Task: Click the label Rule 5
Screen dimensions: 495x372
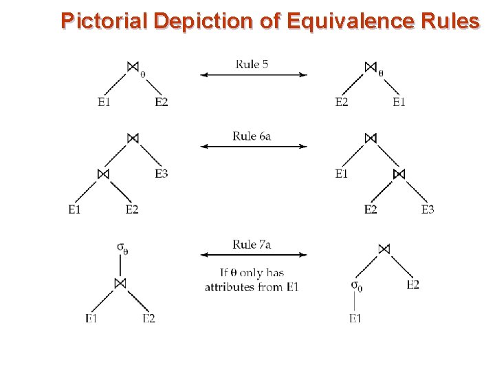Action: (252, 64)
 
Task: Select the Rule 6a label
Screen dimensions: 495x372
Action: (252, 136)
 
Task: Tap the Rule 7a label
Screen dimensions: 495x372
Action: (252, 245)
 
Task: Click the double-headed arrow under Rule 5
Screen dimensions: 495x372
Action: (254, 74)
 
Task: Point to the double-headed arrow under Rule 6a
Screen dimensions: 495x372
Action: (254, 146)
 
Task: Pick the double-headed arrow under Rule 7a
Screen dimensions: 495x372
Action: (254, 255)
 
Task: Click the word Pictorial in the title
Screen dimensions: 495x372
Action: (103, 21)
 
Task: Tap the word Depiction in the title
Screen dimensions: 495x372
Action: (204, 21)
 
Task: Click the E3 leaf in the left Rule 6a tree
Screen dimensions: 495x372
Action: (162, 174)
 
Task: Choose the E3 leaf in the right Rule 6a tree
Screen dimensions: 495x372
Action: (428, 209)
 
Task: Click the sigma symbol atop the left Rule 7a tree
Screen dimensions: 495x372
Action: (121, 247)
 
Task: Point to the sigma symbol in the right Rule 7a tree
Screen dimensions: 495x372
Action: (356, 285)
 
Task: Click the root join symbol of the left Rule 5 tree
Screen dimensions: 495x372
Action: (133, 66)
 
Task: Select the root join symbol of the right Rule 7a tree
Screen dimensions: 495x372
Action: (384, 249)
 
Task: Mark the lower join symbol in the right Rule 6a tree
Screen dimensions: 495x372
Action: (399, 174)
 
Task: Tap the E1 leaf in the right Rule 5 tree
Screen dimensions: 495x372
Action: (399, 103)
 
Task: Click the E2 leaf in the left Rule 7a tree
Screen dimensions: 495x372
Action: (149, 318)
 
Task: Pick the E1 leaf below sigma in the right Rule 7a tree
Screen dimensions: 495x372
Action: (355, 318)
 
